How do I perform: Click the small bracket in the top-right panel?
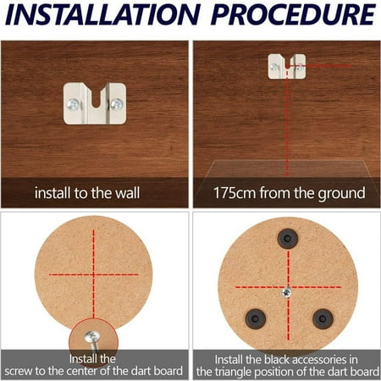coord(286,63)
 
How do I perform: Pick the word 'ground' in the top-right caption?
coord(337,192)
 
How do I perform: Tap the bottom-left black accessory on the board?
coord(254,318)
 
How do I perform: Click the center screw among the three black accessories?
coord(288,290)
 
